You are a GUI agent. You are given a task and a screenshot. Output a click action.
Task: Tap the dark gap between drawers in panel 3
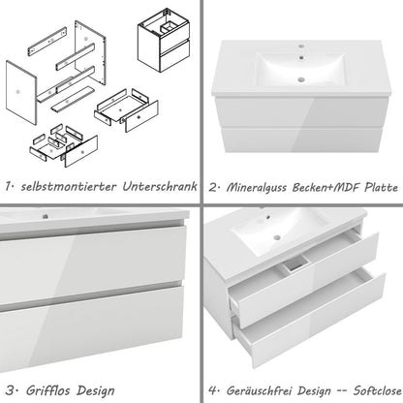point(97,284)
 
